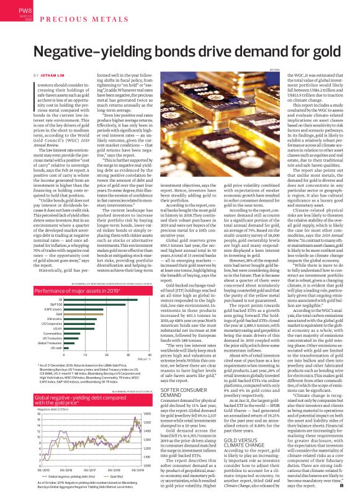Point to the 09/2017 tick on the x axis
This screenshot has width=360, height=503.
click(x=91, y=470)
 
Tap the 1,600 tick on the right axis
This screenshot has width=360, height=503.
click(x=147, y=414)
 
